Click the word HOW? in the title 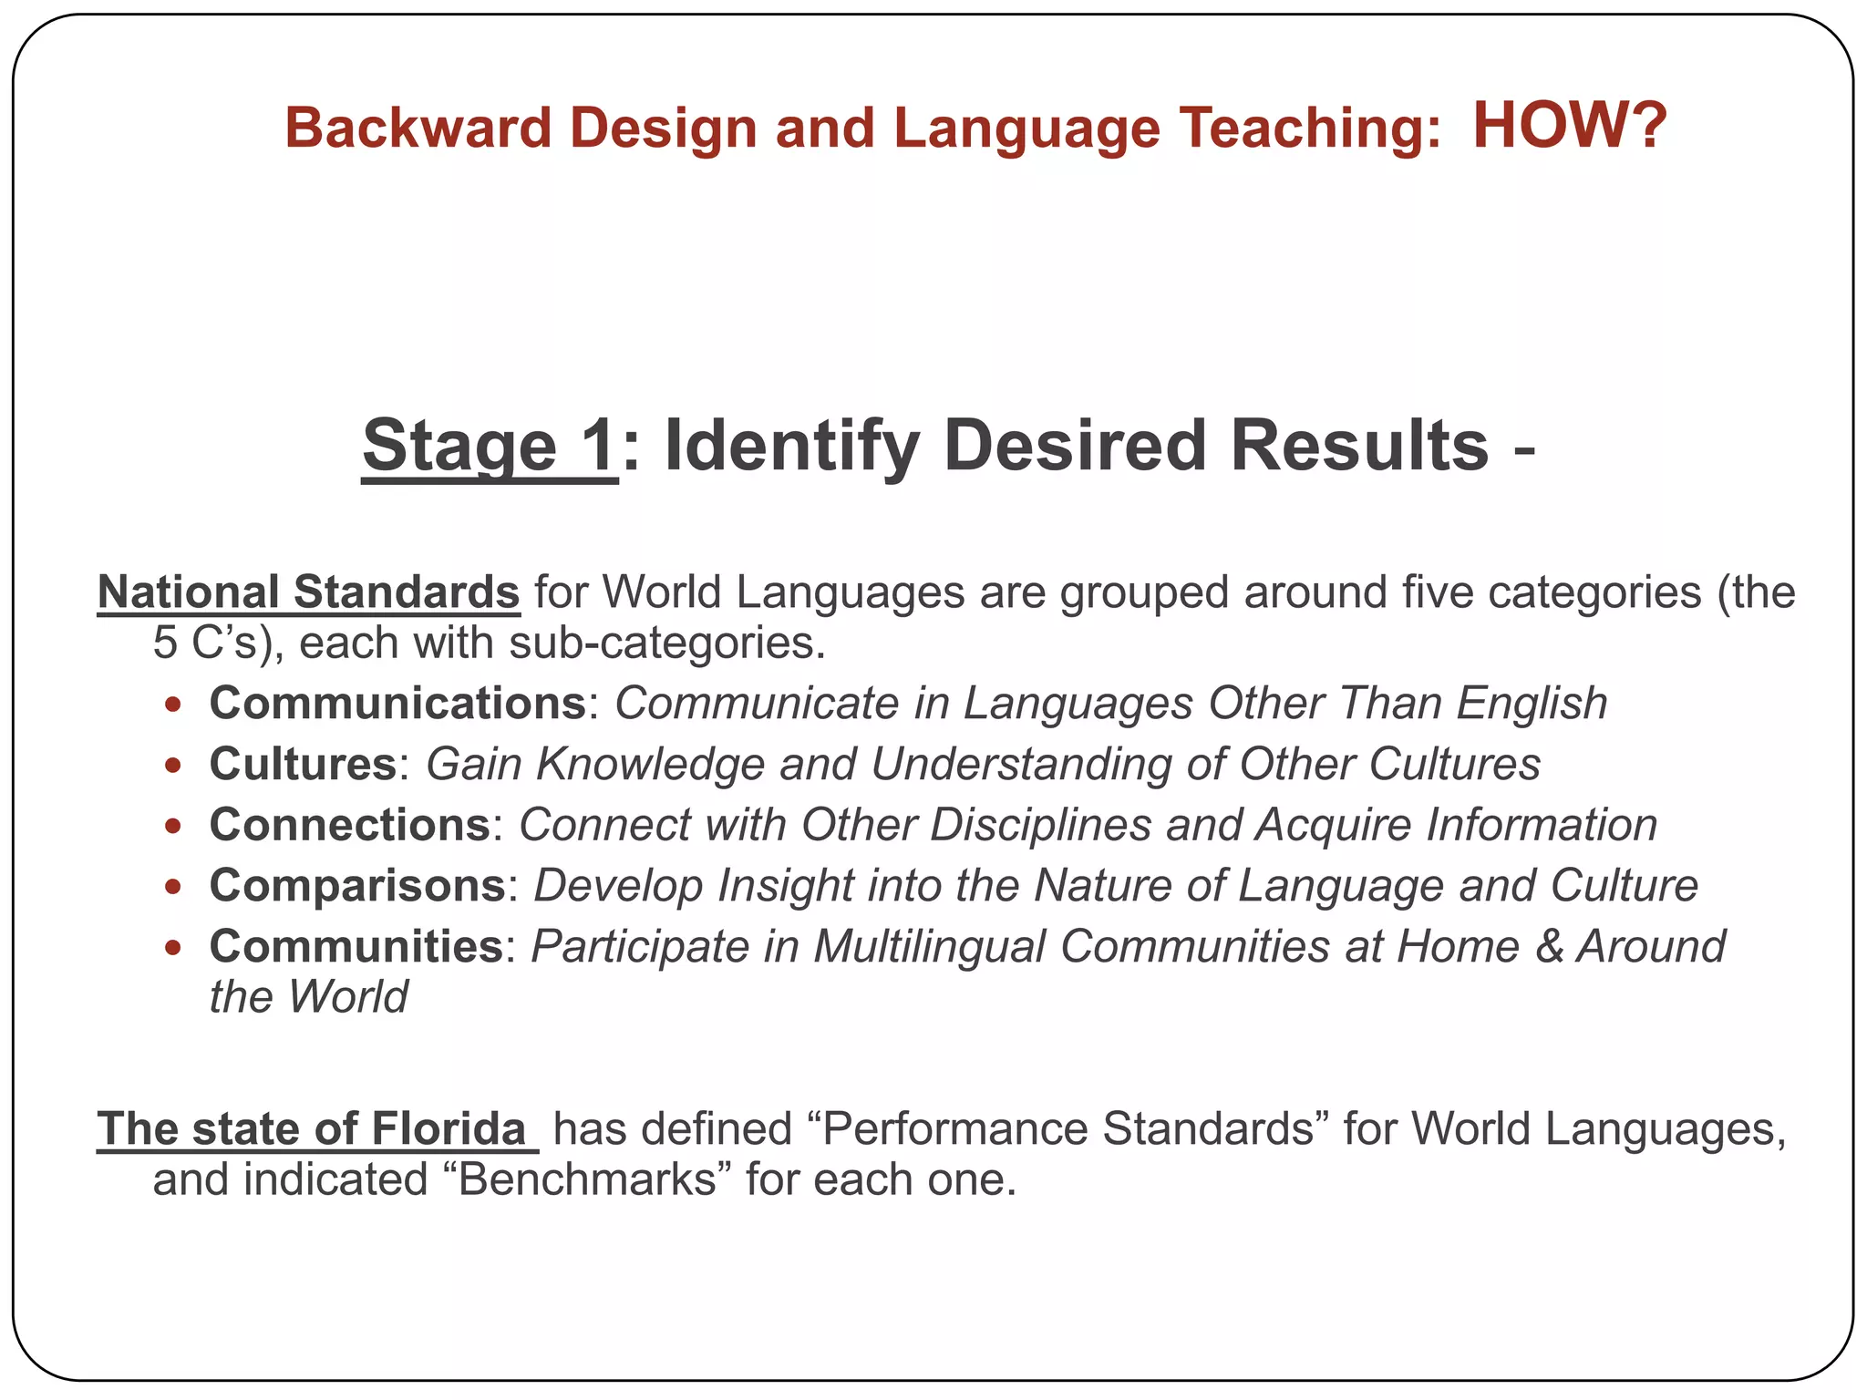pos(1569,126)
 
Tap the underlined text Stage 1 pos(490,446)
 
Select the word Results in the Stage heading pos(1359,446)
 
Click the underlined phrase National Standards pos(308,592)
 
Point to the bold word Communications pos(397,704)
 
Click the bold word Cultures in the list pos(303,764)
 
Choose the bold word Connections pos(350,825)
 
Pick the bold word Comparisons pos(357,886)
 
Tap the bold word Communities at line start pos(356,946)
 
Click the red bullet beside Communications pos(173,705)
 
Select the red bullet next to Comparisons pos(173,888)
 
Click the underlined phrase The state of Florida pos(312,1128)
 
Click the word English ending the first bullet pos(1532,704)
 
